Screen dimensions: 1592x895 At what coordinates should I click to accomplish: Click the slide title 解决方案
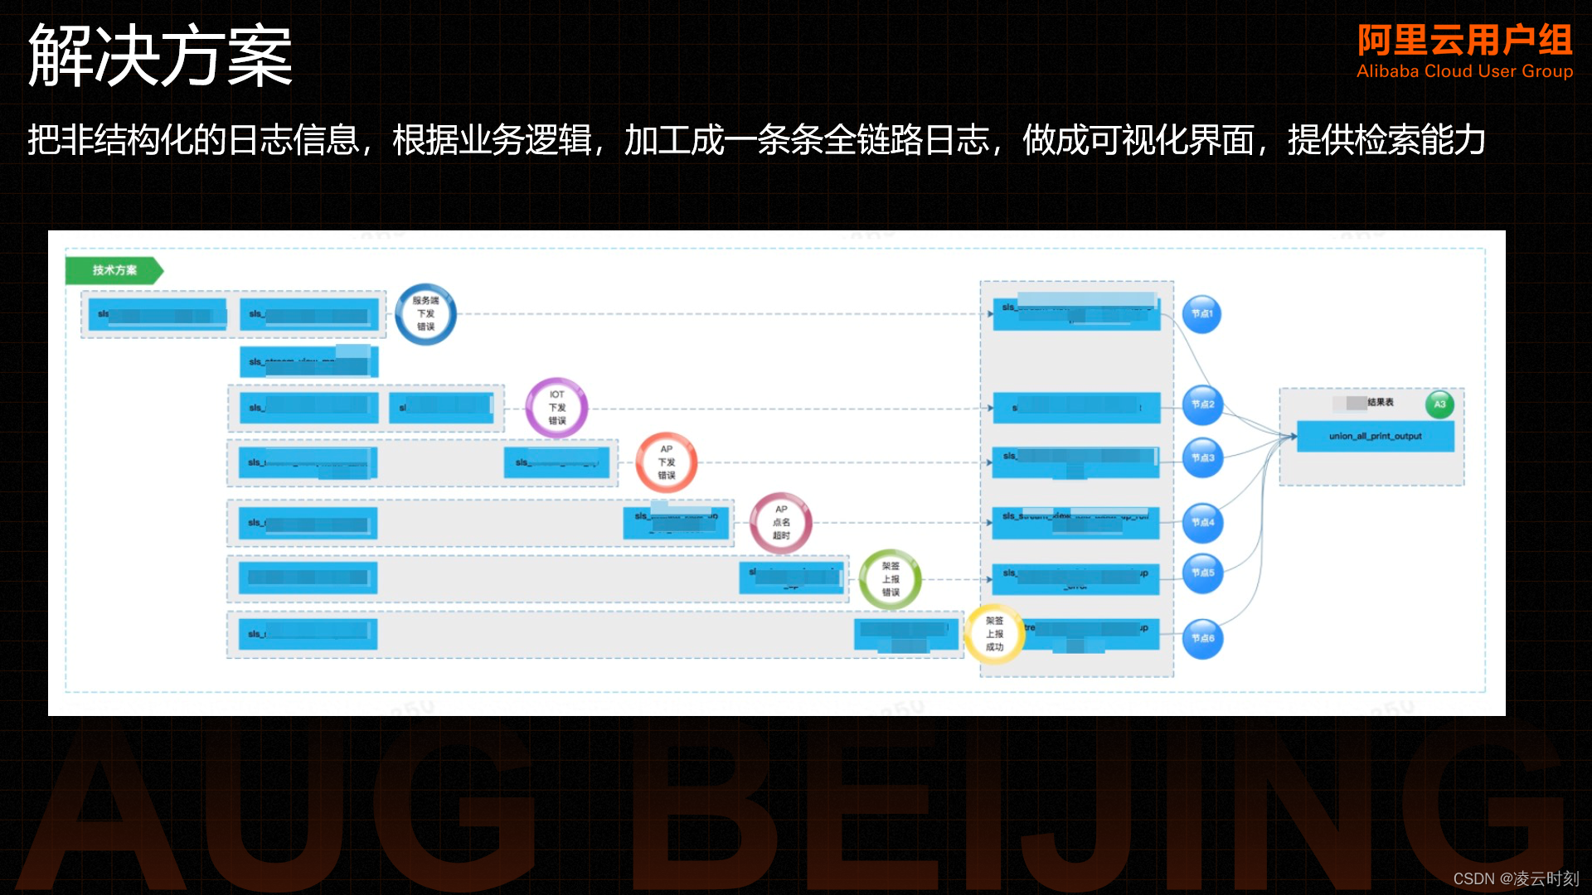tap(160, 56)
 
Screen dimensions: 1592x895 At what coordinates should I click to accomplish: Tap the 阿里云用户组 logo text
tap(1464, 40)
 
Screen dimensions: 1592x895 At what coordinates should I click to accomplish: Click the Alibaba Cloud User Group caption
tap(1464, 72)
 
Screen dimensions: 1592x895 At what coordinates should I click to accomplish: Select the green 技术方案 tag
tap(114, 270)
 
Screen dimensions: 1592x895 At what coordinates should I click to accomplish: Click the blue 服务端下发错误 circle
tap(425, 314)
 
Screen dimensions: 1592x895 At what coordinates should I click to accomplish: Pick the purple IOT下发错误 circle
tap(556, 408)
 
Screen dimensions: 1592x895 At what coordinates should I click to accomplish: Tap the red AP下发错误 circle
tap(667, 462)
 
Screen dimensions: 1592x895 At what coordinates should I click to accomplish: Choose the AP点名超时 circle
tap(781, 523)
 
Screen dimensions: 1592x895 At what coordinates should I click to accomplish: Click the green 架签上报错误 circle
tap(891, 579)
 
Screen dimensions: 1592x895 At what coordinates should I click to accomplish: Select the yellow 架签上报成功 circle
tap(994, 634)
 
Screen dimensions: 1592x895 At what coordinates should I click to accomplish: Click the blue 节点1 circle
tap(1201, 314)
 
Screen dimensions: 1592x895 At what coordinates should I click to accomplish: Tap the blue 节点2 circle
tap(1202, 404)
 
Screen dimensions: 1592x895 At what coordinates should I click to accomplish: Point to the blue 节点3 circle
tap(1202, 457)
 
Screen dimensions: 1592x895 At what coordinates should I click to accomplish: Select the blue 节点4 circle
tap(1202, 523)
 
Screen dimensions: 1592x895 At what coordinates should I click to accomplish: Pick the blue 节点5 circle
tap(1202, 573)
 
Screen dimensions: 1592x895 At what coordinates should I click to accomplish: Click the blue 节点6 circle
tap(1202, 638)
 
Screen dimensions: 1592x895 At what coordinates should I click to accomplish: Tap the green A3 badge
tap(1439, 404)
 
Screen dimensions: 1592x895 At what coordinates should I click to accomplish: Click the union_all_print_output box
tap(1375, 437)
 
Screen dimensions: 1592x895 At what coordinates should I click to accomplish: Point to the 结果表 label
tap(1381, 403)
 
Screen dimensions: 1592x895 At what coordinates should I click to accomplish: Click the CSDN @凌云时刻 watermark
tap(1516, 878)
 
